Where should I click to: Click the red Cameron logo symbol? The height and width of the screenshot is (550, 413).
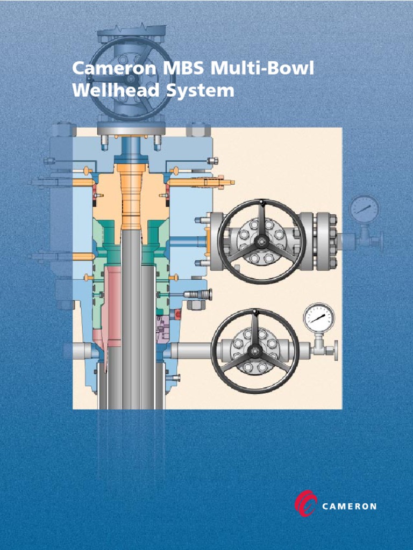(306, 504)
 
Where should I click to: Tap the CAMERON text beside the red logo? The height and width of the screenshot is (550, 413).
(350, 506)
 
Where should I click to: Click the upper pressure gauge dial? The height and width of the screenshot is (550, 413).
(364, 208)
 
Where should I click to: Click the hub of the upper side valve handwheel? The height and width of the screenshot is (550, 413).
(261, 241)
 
